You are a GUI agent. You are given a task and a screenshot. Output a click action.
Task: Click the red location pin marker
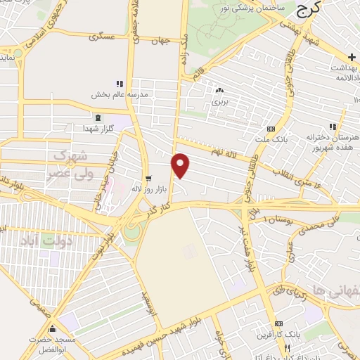181,165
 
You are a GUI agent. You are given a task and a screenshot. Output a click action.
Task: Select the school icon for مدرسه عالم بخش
119,84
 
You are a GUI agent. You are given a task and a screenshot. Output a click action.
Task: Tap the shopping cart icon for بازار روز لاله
148,178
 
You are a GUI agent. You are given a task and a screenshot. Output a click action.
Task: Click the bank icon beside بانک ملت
271,128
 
